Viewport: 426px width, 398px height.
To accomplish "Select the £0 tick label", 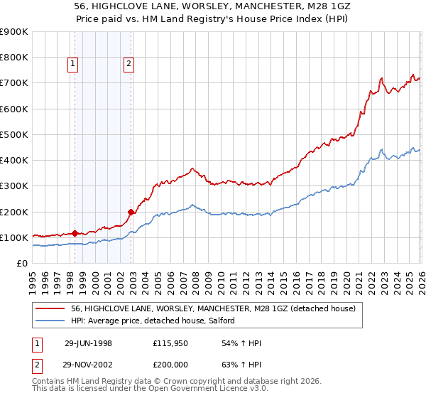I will [x=23, y=264].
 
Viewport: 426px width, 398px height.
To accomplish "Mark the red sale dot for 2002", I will [x=131, y=212].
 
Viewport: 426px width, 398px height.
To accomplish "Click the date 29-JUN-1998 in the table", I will [x=88, y=343].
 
